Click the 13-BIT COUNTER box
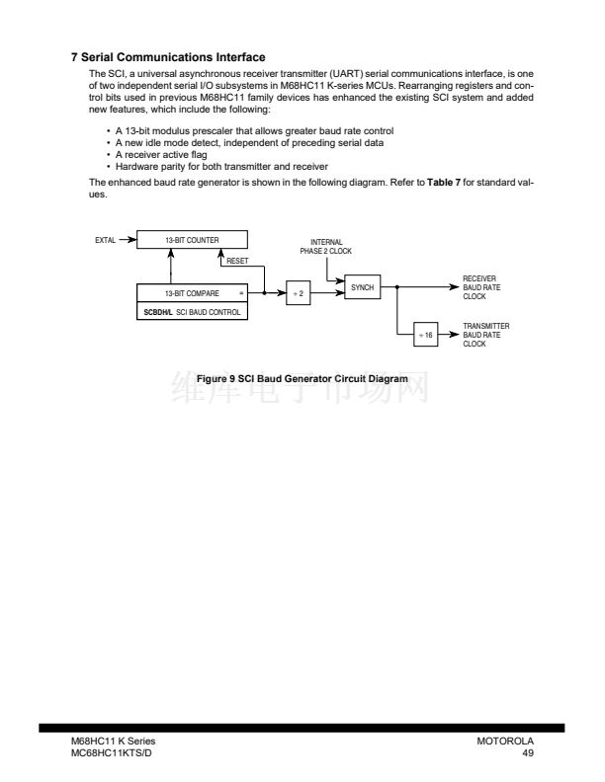pos(192,239)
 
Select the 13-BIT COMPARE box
pos(192,293)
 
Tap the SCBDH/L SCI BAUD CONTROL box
pos(192,311)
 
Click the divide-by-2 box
pos(299,293)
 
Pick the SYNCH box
pos(362,286)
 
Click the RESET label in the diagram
pos(237,262)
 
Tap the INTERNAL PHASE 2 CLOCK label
pos(326,247)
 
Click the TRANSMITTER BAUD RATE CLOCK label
pos(486,335)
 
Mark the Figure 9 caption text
pos(302,379)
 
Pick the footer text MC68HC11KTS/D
pos(112,752)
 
